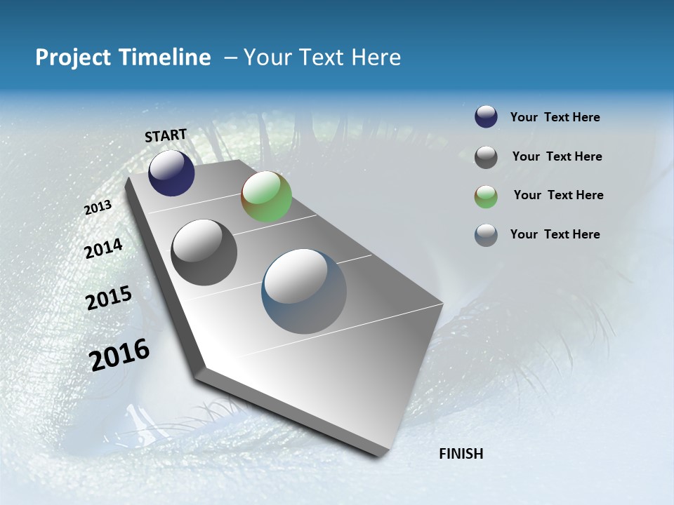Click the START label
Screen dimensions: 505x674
pos(166,135)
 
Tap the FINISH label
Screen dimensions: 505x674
pos(461,454)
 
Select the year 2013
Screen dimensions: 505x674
pos(98,208)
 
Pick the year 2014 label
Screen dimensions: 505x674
pos(103,249)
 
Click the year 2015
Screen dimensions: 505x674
pos(109,298)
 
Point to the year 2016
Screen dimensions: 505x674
pos(120,355)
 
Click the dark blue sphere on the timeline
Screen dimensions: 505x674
pos(171,173)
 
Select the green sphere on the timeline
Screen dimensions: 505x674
pos(266,196)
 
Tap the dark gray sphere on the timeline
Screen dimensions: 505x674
pos(204,252)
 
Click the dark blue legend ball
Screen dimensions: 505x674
pos(486,117)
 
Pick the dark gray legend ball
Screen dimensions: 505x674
pos(486,157)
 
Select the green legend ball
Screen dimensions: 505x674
pos(486,196)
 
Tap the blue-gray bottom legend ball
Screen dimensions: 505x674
pos(486,235)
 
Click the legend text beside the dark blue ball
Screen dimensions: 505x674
pos(555,118)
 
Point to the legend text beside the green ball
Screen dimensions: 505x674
pos(558,195)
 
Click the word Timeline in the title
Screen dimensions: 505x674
pos(164,58)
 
